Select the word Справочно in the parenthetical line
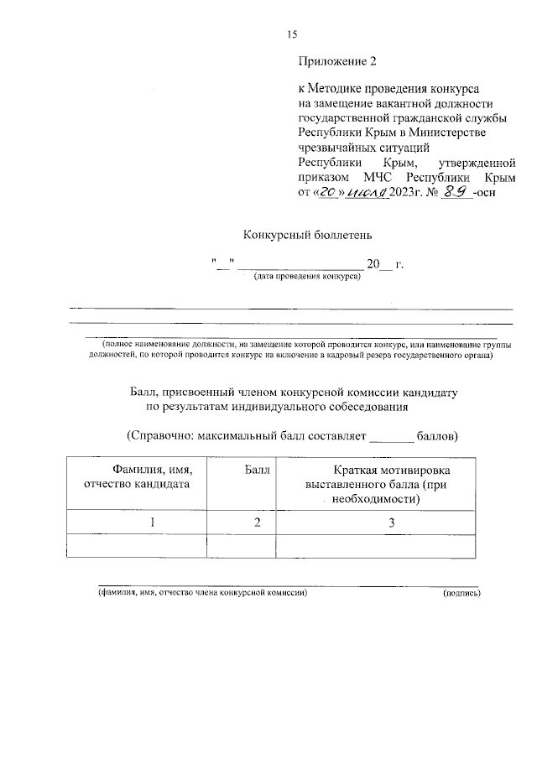(x=158, y=436)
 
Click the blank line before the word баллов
(x=392, y=438)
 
